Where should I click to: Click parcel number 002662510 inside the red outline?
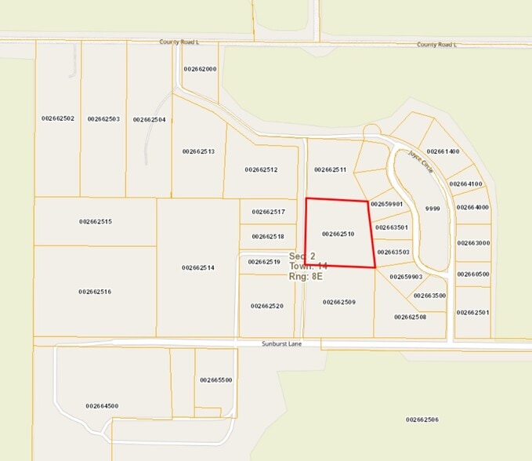[338, 234]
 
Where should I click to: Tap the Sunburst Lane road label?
[280, 343]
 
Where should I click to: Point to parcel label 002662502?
[58, 118]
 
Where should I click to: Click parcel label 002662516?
[95, 292]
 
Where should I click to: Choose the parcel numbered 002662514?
[198, 267]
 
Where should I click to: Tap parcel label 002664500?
[102, 406]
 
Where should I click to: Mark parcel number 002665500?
[215, 379]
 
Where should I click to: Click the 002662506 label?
[422, 419]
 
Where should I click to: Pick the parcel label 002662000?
[200, 69]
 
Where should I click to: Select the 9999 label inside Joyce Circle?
[432, 209]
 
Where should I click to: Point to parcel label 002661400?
[443, 151]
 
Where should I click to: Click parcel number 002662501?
[473, 312]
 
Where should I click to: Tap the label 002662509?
[338, 302]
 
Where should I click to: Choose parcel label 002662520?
[266, 306]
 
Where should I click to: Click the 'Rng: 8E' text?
[306, 277]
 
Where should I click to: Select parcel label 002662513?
[198, 151]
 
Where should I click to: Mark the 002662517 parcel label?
[268, 212]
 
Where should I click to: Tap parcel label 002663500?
[429, 296]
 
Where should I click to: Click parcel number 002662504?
[149, 119]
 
